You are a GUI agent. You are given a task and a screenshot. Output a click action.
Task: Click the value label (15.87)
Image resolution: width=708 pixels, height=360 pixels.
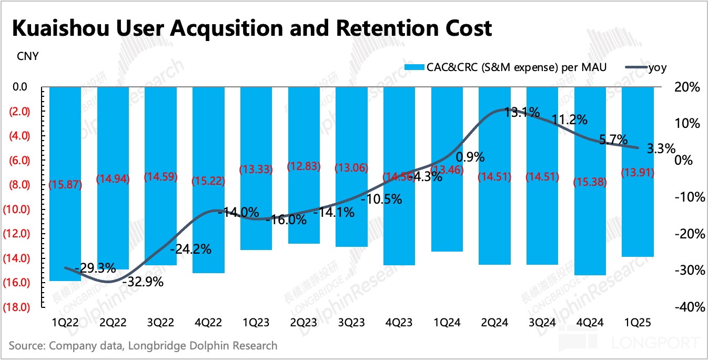pyautogui.click(x=65, y=185)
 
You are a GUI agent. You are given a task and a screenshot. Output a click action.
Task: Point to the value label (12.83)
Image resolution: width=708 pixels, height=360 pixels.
pyautogui.click(x=304, y=166)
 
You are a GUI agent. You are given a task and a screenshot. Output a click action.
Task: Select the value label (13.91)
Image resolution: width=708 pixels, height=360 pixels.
pyautogui.click(x=638, y=172)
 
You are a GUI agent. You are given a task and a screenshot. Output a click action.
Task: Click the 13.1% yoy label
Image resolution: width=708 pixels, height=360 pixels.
pyautogui.click(x=522, y=112)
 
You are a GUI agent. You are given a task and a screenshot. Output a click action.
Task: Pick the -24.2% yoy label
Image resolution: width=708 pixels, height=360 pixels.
pyautogui.click(x=190, y=249)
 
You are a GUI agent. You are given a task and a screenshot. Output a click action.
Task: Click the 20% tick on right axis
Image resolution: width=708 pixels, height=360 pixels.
pyautogui.click(x=686, y=87)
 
